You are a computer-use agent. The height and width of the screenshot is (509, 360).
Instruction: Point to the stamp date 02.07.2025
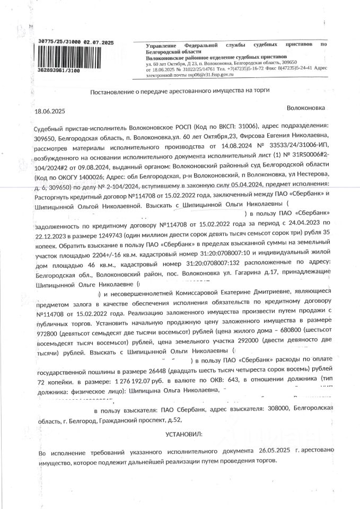[x=100, y=41]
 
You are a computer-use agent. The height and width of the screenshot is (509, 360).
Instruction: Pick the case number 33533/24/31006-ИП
[x=301, y=146]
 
